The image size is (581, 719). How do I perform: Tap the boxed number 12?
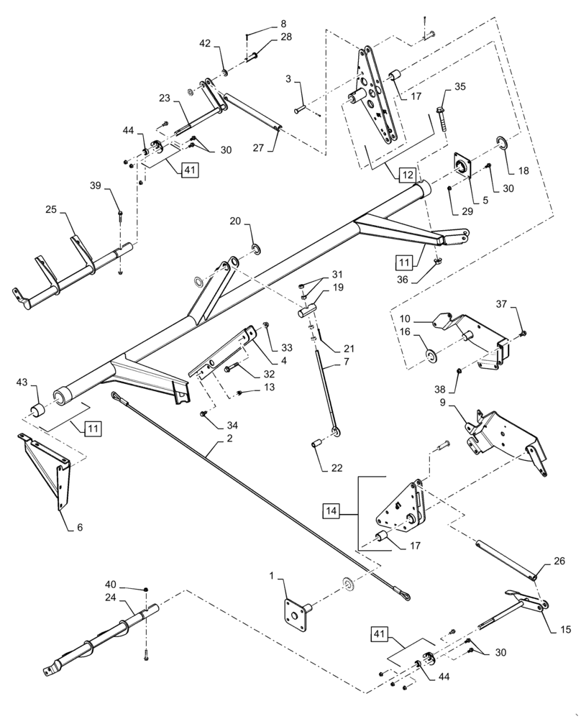click(407, 175)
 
